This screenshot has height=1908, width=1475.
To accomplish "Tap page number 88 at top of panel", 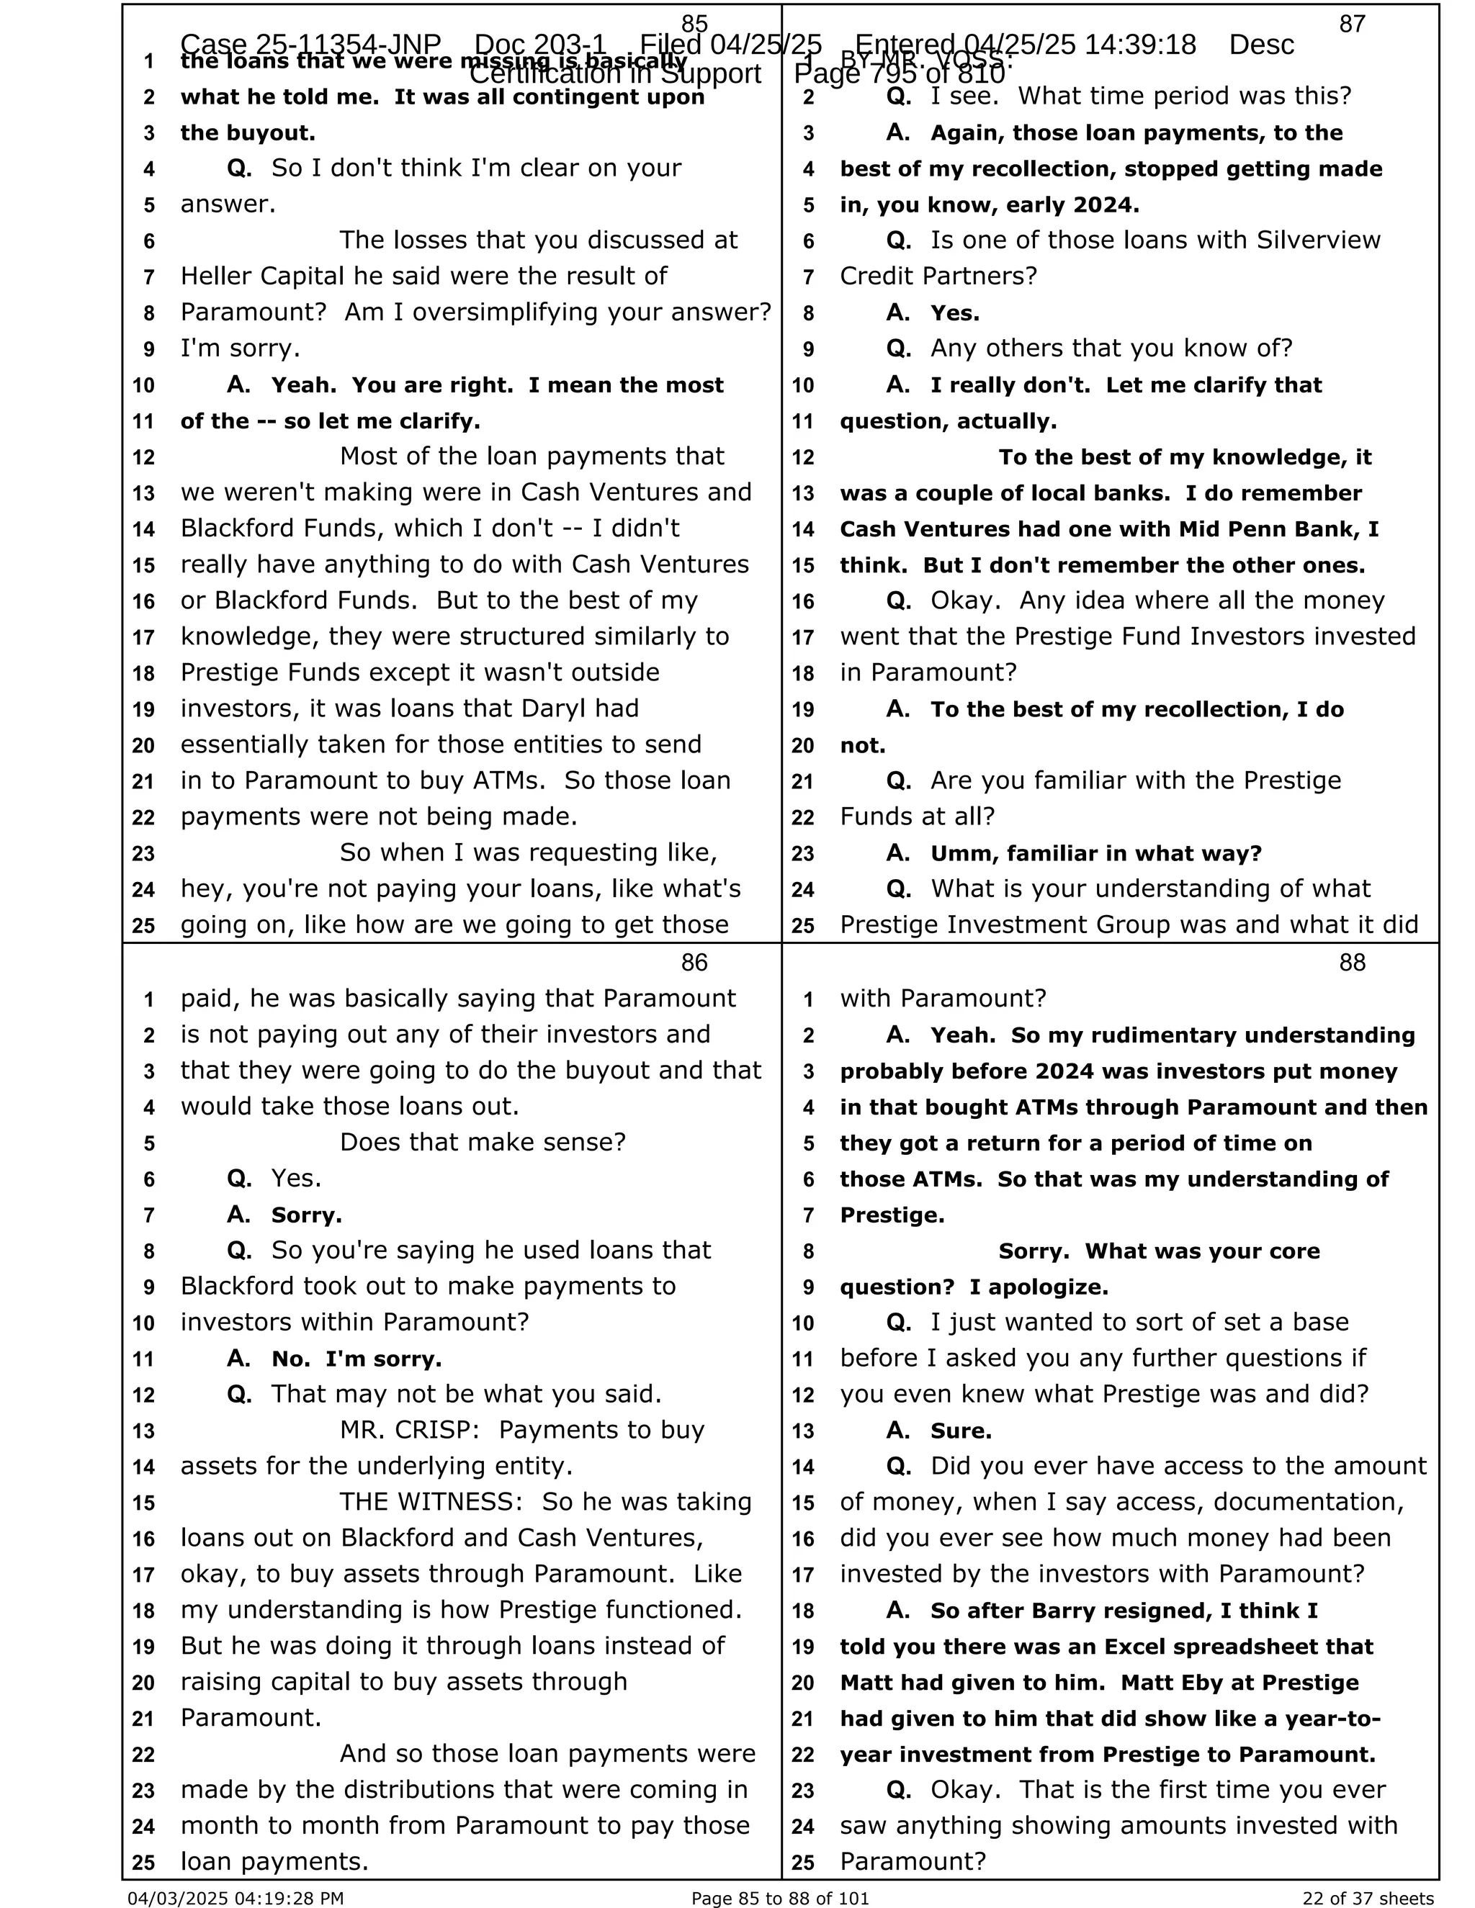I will tap(1352, 962).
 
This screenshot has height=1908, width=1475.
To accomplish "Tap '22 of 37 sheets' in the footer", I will tap(1368, 1897).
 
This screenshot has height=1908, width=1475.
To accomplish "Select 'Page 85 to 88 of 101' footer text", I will tap(779, 1897).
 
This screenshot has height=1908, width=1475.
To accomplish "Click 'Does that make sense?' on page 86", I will tap(483, 1142).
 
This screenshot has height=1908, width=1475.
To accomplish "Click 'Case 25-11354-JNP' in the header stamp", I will tap(310, 44).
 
